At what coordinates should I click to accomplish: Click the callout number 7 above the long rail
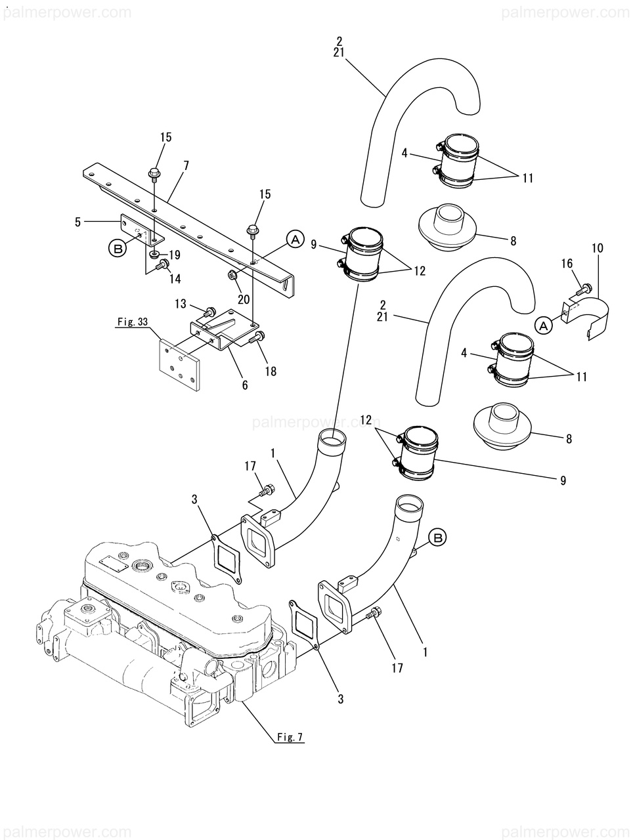[x=186, y=166]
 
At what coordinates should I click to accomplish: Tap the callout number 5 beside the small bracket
[x=77, y=222]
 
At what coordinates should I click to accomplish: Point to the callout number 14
[x=175, y=279]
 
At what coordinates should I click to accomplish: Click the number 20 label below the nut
[x=244, y=299]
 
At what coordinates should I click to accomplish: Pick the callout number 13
[x=181, y=304]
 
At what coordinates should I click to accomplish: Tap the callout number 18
[x=271, y=371]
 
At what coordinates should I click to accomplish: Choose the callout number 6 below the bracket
[x=245, y=385]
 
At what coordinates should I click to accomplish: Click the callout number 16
[x=567, y=263]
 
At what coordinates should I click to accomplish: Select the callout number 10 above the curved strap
[x=597, y=248]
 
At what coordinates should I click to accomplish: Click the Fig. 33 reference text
[x=133, y=322]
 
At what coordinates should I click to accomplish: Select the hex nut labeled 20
[x=232, y=274]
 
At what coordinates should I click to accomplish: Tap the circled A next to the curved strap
[x=544, y=326]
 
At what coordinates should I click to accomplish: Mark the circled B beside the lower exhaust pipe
[x=438, y=538]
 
